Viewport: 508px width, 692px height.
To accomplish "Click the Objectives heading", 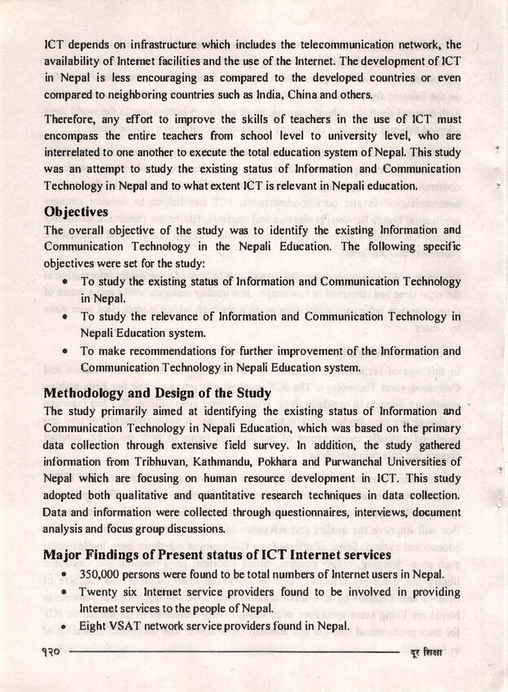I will pos(76,212).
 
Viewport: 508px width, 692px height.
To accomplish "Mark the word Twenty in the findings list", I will pos(100,592).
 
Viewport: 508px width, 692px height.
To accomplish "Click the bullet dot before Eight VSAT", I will pos(64,627).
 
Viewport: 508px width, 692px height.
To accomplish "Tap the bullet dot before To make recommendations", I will pos(64,352).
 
